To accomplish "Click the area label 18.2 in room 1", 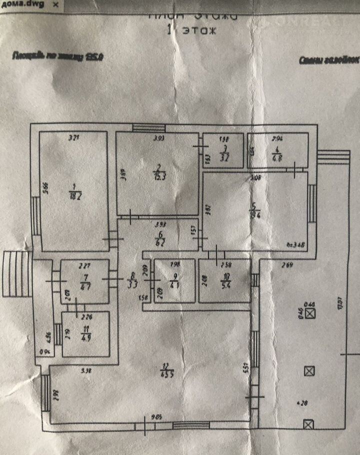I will pos(75,193).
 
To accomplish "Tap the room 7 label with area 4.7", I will pos(85,282).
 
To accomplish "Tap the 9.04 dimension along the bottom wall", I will pos(158,416).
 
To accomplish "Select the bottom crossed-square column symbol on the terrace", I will pos(308,424).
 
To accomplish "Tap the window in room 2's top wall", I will pos(145,127).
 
